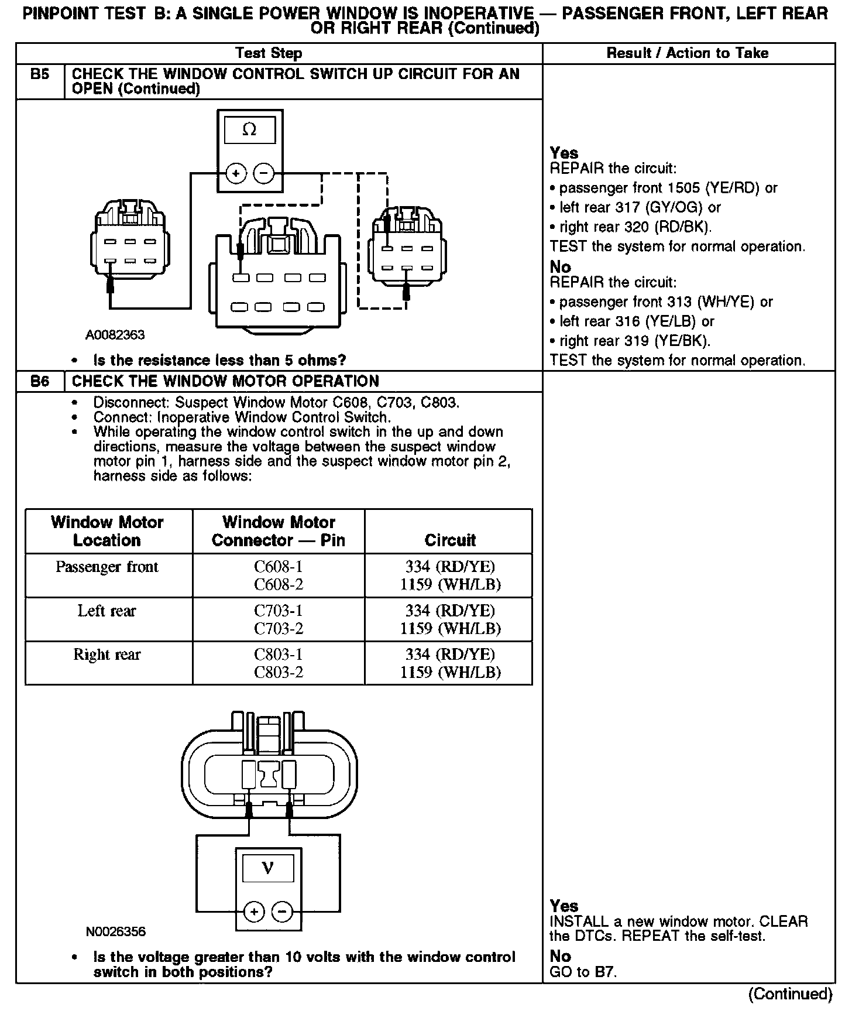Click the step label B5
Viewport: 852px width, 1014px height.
click(x=39, y=74)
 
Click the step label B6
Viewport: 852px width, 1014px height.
click(x=39, y=382)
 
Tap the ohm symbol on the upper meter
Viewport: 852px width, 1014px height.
click(x=249, y=129)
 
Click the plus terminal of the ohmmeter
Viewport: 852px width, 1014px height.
click(x=235, y=173)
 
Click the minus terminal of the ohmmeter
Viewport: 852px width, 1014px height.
click(x=264, y=173)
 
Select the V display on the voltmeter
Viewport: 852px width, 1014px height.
click(x=267, y=868)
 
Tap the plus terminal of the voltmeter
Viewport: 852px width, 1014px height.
click(x=253, y=912)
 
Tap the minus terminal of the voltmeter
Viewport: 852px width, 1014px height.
click(x=282, y=912)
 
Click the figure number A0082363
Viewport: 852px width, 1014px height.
click(x=115, y=335)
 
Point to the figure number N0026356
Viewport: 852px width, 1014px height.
click(x=116, y=931)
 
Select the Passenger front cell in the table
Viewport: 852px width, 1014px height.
click(x=107, y=567)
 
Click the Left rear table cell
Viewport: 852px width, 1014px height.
click(x=107, y=611)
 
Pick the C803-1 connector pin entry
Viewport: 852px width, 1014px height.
click(x=279, y=655)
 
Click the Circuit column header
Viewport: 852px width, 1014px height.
click(x=449, y=540)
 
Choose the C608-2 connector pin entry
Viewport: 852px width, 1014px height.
click(x=279, y=584)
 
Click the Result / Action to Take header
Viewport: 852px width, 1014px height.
click(x=688, y=53)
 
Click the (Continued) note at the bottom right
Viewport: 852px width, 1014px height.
click(x=790, y=994)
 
